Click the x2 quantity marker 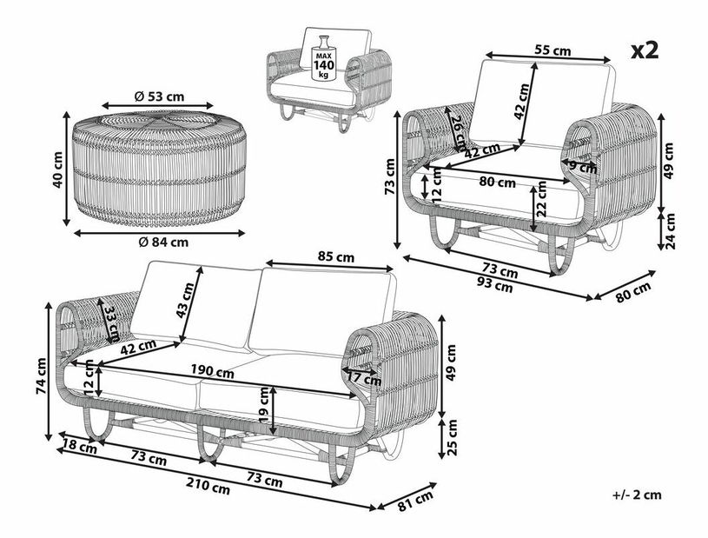[645, 50]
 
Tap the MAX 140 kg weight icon [324, 59]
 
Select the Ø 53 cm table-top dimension [159, 96]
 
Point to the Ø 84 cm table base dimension [163, 242]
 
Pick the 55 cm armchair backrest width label [553, 50]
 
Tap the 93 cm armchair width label [495, 285]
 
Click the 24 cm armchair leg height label [671, 231]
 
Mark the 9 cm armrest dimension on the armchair [583, 168]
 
